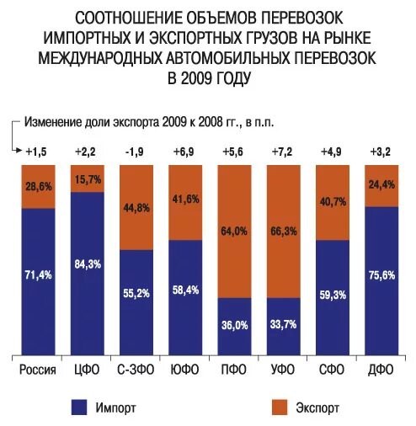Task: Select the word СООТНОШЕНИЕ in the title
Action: pyautogui.click(x=125, y=18)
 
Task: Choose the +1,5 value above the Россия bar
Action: pyautogui.click(x=36, y=152)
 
